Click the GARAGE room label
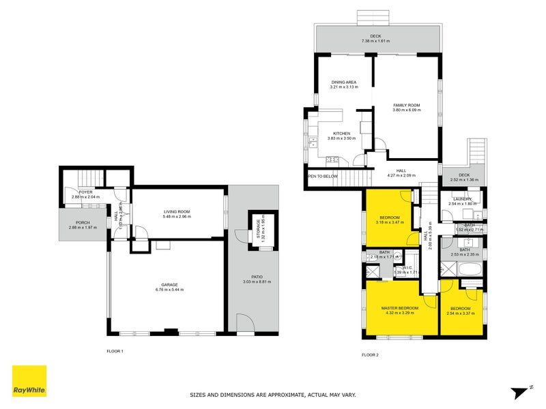[x=169, y=284]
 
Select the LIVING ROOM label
[x=176, y=211]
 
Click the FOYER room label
[x=85, y=192]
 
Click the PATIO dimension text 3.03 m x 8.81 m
[x=253, y=282]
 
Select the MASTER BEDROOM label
[x=399, y=307]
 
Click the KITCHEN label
[x=341, y=133]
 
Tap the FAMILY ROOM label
[x=406, y=105]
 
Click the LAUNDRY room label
[x=461, y=198]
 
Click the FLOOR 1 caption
[x=115, y=351]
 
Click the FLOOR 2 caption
[x=369, y=354]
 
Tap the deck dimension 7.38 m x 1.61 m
[x=375, y=41]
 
